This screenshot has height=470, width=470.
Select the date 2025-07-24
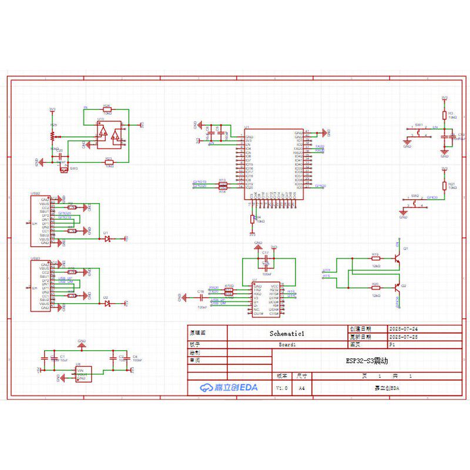(403, 329)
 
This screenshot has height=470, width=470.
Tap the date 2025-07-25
(403, 337)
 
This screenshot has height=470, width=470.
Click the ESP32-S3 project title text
(367, 361)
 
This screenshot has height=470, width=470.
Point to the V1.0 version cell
(282, 388)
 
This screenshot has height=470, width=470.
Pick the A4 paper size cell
(301, 388)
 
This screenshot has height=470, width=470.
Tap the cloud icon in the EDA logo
(206, 388)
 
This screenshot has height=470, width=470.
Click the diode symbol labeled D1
(107, 238)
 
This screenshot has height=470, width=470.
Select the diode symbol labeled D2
(107, 303)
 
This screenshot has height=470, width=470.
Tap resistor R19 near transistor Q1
(375, 258)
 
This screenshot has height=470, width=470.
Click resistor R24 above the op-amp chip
(107, 110)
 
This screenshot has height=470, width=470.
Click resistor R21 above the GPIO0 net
(444, 184)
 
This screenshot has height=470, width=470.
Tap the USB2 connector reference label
(35, 193)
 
